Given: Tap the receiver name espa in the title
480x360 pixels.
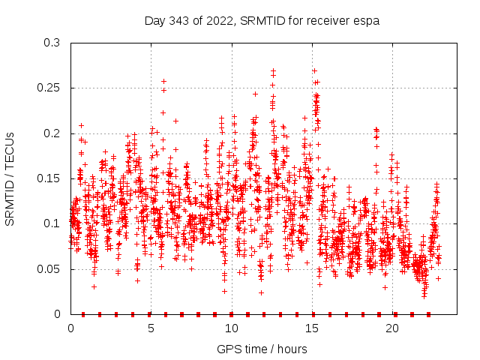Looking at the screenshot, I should pyautogui.click(x=367, y=21).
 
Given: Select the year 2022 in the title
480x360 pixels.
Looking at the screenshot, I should pyautogui.click(x=215, y=21).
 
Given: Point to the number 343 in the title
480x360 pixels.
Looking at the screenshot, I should pyautogui.click(x=178, y=21).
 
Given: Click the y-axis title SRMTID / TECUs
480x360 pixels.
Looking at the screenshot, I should pyautogui.click(x=10, y=178).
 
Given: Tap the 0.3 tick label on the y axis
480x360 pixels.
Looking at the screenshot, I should pyautogui.click(x=52, y=43).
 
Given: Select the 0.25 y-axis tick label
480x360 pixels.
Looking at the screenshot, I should pyautogui.click(x=49, y=88).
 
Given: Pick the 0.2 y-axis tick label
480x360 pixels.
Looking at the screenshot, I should pyautogui.click(x=52, y=133).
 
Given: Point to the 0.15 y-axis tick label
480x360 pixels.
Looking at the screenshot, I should pyautogui.click(x=49, y=178).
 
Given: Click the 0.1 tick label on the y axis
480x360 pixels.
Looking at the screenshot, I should pyautogui.click(x=52, y=223).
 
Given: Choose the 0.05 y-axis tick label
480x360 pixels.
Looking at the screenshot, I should pyautogui.click(x=49, y=268).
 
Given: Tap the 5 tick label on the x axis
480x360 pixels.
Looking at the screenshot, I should pyautogui.click(x=151, y=328).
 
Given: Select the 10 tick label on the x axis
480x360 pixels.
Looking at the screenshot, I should pyautogui.click(x=231, y=328).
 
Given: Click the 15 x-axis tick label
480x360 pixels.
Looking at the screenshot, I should pyautogui.click(x=311, y=328).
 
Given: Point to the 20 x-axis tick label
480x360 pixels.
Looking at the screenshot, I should pyautogui.click(x=392, y=328).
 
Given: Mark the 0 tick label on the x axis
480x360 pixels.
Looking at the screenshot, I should pyautogui.click(x=70, y=328).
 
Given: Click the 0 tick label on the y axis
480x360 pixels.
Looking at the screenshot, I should pyautogui.click(x=58, y=313).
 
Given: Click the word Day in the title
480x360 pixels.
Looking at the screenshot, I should pyautogui.click(x=154, y=21).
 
